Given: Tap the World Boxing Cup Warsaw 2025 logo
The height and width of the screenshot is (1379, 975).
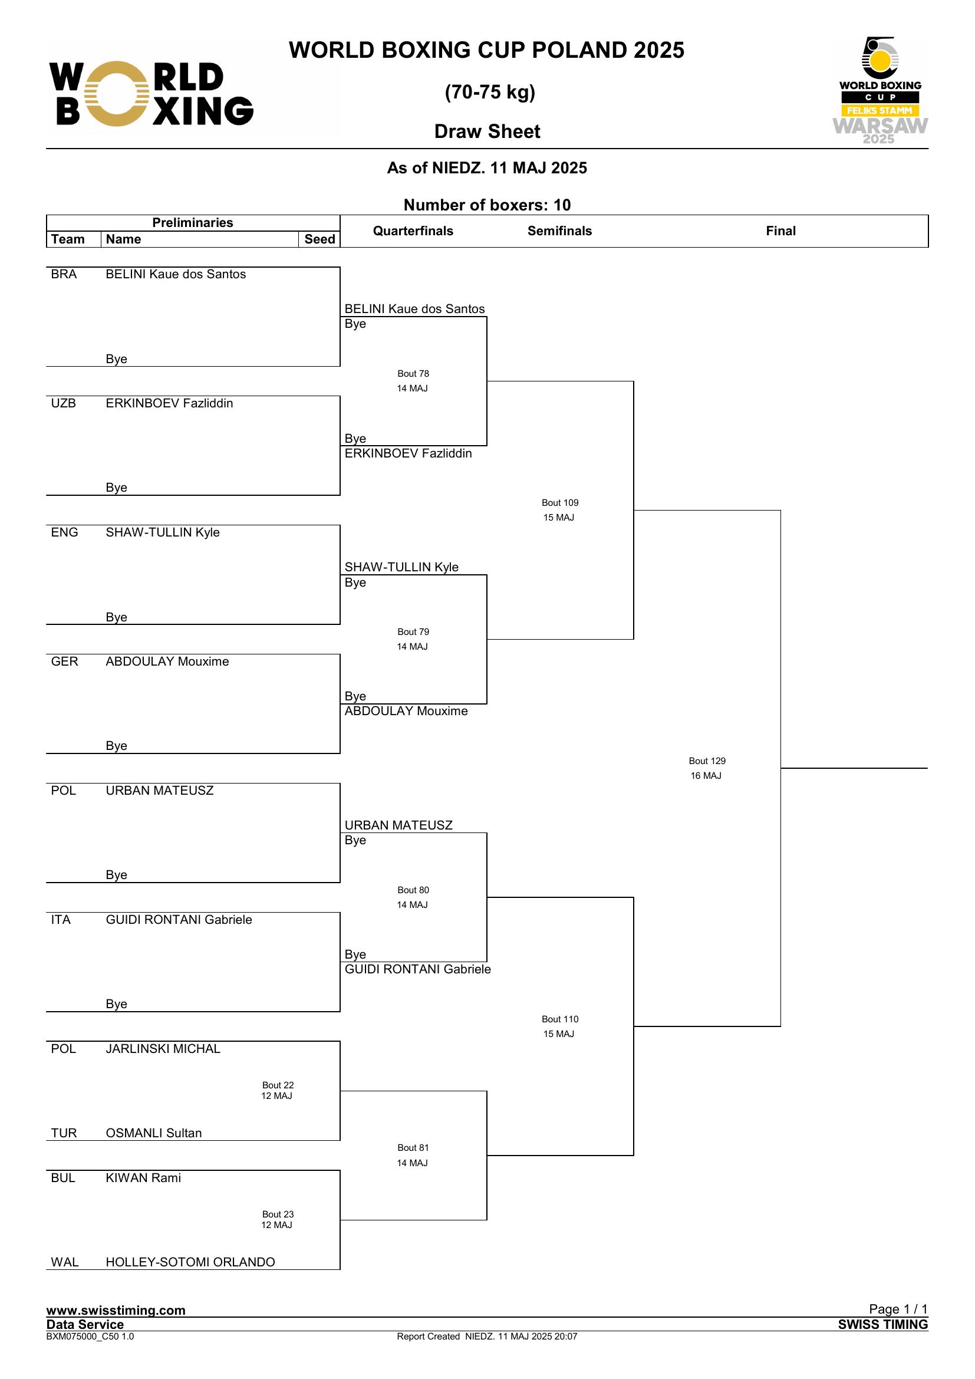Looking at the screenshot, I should [880, 91].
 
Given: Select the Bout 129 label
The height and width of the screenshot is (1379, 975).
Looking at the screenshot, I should [707, 761].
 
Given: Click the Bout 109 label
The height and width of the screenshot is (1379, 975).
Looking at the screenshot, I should [559, 503].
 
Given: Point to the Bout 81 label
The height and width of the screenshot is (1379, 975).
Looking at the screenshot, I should [413, 1148].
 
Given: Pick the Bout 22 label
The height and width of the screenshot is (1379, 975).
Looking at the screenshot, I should [278, 1085].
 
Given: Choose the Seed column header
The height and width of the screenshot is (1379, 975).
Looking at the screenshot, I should [319, 239].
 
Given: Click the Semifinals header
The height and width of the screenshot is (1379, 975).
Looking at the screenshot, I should [559, 231].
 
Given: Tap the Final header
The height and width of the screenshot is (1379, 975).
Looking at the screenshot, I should [780, 231].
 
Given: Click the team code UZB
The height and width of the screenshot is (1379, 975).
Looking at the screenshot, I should [64, 403].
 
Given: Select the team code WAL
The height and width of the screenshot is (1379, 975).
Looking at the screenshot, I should [65, 1262].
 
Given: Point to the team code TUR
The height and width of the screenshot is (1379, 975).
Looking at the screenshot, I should [64, 1133].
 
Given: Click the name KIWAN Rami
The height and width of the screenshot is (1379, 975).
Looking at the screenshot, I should [143, 1178].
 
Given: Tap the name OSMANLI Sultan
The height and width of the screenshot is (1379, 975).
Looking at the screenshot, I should [154, 1133].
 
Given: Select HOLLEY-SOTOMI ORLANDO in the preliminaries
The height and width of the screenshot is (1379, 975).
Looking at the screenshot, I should [190, 1262].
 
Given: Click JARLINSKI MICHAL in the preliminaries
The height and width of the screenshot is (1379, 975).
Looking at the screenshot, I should [163, 1049].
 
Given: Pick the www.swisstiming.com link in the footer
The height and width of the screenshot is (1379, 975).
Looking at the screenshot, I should [116, 1310].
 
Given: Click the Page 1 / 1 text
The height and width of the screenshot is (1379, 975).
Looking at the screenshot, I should [898, 1309].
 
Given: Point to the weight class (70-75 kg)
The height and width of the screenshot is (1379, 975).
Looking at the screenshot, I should [490, 92].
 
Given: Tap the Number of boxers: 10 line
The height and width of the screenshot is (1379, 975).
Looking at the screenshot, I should [487, 205].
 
